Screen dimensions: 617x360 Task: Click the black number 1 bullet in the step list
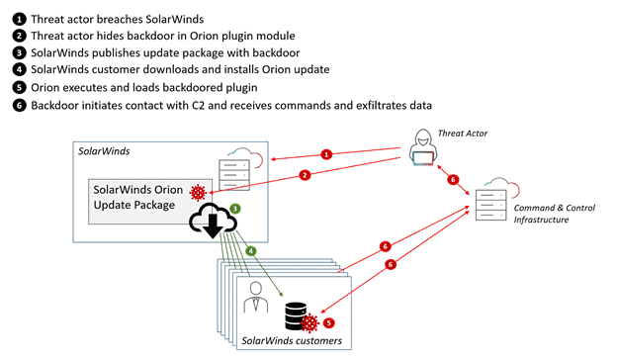pos(19,19)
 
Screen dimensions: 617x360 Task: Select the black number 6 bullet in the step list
pos(19,106)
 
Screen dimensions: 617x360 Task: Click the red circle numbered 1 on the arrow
pos(326,154)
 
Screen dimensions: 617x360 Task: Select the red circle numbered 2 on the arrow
pos(305,175)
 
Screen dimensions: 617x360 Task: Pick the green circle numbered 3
pos(235,209)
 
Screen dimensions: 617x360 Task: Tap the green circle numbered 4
pos(251,250)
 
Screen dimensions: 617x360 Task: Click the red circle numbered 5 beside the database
pos(328,323)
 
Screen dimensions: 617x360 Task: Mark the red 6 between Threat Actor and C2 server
pos(453,180)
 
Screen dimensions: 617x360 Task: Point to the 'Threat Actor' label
pos(463,134)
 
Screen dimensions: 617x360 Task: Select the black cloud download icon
pos(213,221)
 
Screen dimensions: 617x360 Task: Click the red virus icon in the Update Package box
pos(198,193)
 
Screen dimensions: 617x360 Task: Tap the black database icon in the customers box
pos(296,315)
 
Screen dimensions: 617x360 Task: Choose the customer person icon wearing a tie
pos(256,297)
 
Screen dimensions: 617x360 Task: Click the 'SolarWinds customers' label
pos(292,341)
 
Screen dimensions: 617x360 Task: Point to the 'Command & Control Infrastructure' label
pos(554,214)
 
